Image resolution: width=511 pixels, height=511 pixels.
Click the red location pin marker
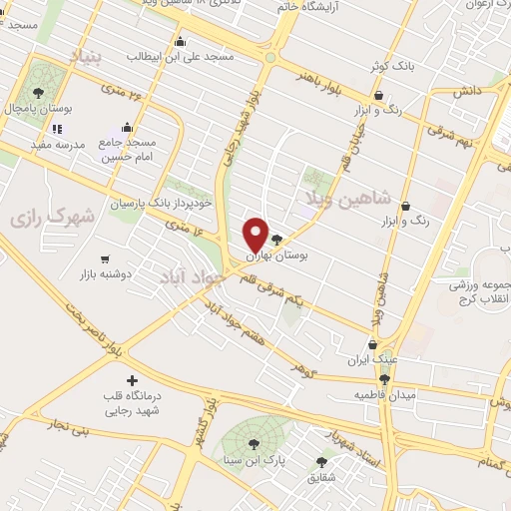tap(255, 235)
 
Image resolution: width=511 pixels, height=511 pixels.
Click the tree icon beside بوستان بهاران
tap(276, 241)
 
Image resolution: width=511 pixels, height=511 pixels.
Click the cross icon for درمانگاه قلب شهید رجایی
tap(132, 380)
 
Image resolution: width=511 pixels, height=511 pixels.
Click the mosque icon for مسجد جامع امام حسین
tap(127, 128)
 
